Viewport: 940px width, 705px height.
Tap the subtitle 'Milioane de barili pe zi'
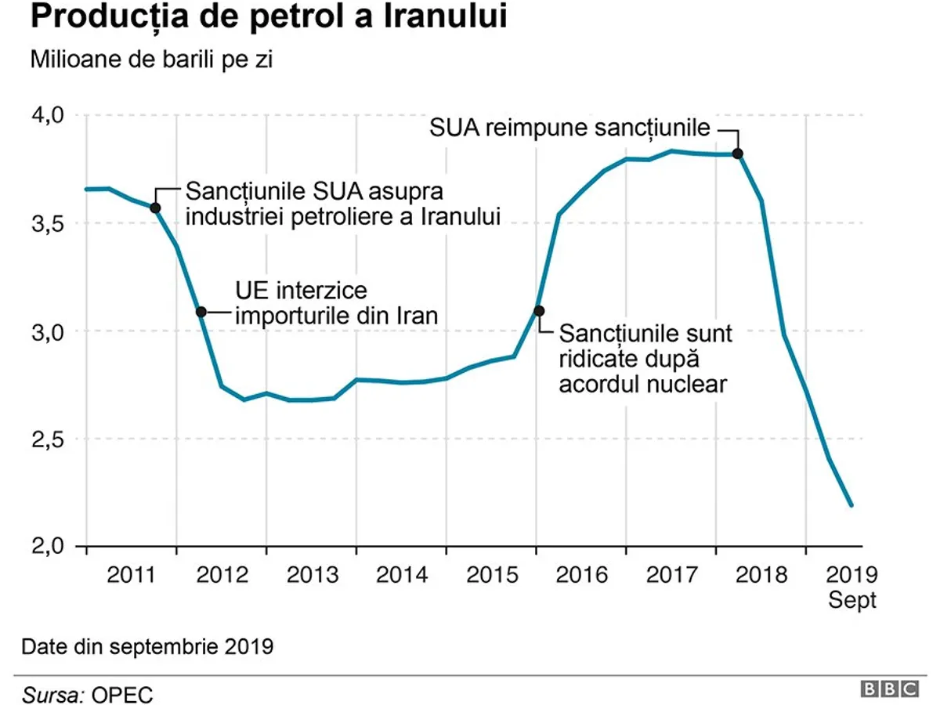(151, 60)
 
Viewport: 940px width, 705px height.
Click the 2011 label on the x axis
(132, 575)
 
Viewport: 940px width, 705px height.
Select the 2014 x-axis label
(402, 575)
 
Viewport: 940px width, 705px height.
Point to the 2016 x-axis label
(581, 575)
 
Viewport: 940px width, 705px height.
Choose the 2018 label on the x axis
(761, 575)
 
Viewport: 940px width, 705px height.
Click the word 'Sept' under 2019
(852, 602)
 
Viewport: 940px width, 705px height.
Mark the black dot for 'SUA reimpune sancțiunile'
(737, 154)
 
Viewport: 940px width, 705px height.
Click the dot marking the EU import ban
(201, 312)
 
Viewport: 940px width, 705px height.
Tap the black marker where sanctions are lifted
(538, 311)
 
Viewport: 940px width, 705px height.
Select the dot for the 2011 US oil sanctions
(155, 208)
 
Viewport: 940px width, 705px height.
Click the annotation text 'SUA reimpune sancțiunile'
(569, 128)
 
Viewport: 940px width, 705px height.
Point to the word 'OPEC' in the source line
(121, 694)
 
